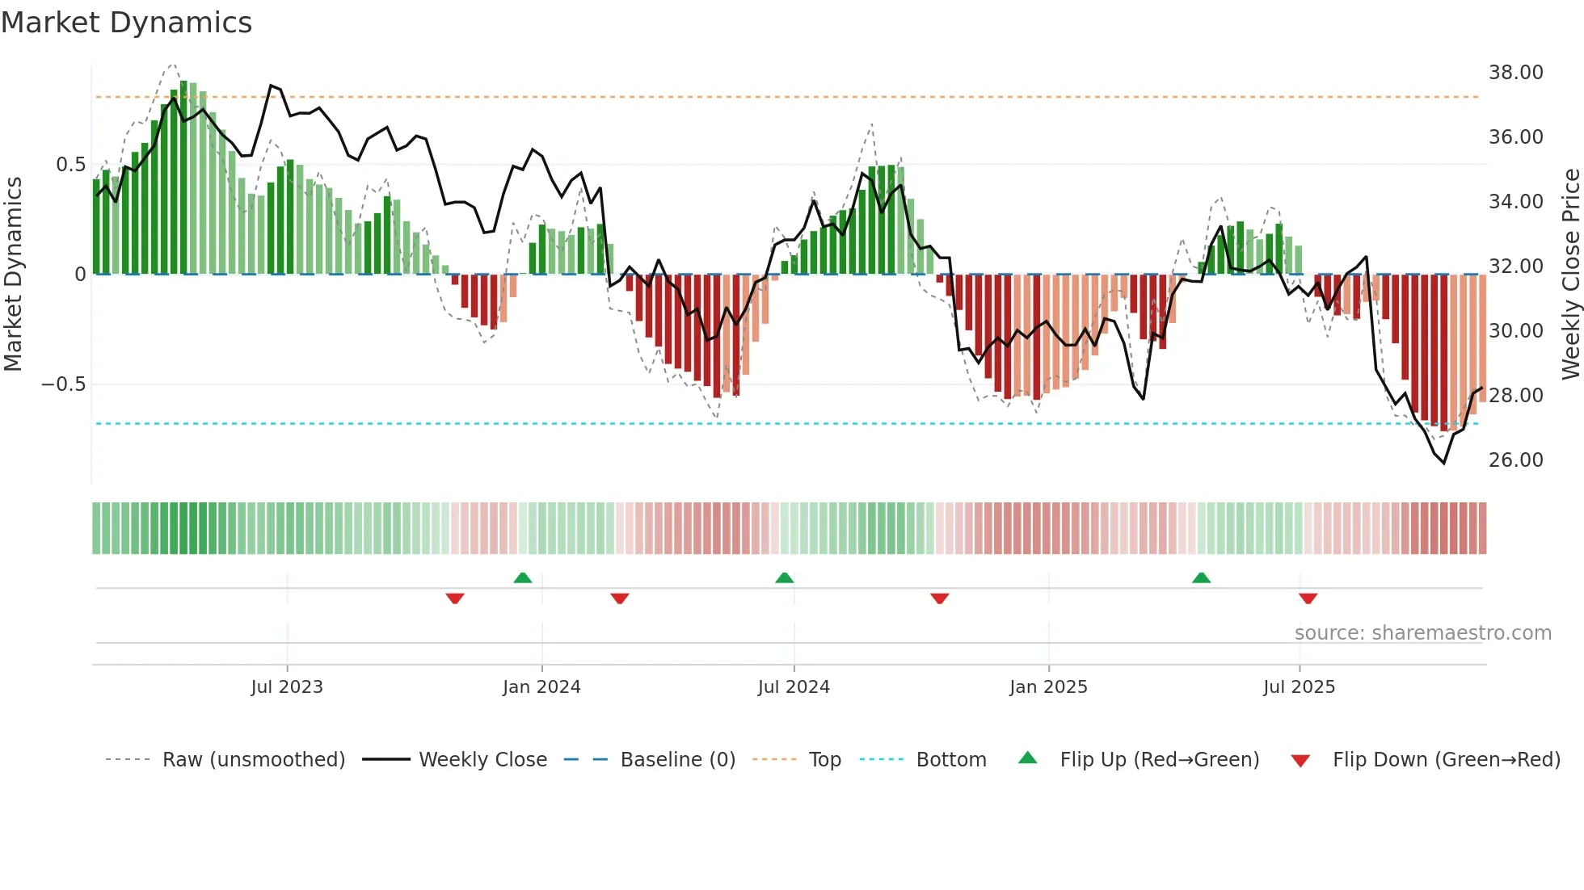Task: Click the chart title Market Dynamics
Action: pyautogui.click(x=126, y=23)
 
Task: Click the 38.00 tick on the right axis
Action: pyautogui.click(x=1515, y=73)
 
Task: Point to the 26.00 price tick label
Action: pyautogui.click(x=1515, y=460)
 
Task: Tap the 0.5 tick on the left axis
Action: pyautogui.click(x=70, y=165)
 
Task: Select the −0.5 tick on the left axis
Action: pyautogui.click(x=63, y=384)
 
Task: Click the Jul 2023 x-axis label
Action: pyautogui.click(x=287, y=687)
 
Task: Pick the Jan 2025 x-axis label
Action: pyautogui.click(x=1048, y=687)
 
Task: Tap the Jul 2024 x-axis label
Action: pyautogui.click(x=794, y=687)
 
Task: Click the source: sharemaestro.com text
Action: pyautogui.click(x=1422, y=633)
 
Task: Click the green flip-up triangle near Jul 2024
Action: pyautogui.click(x=784, y=578)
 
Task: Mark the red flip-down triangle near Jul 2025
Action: pyautogui.click(x=1308, y=598)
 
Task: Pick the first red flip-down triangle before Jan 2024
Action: pyautogui.click(x=455, y=598)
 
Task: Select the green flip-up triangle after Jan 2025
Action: pyautogui.click(x=1201, y=578)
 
